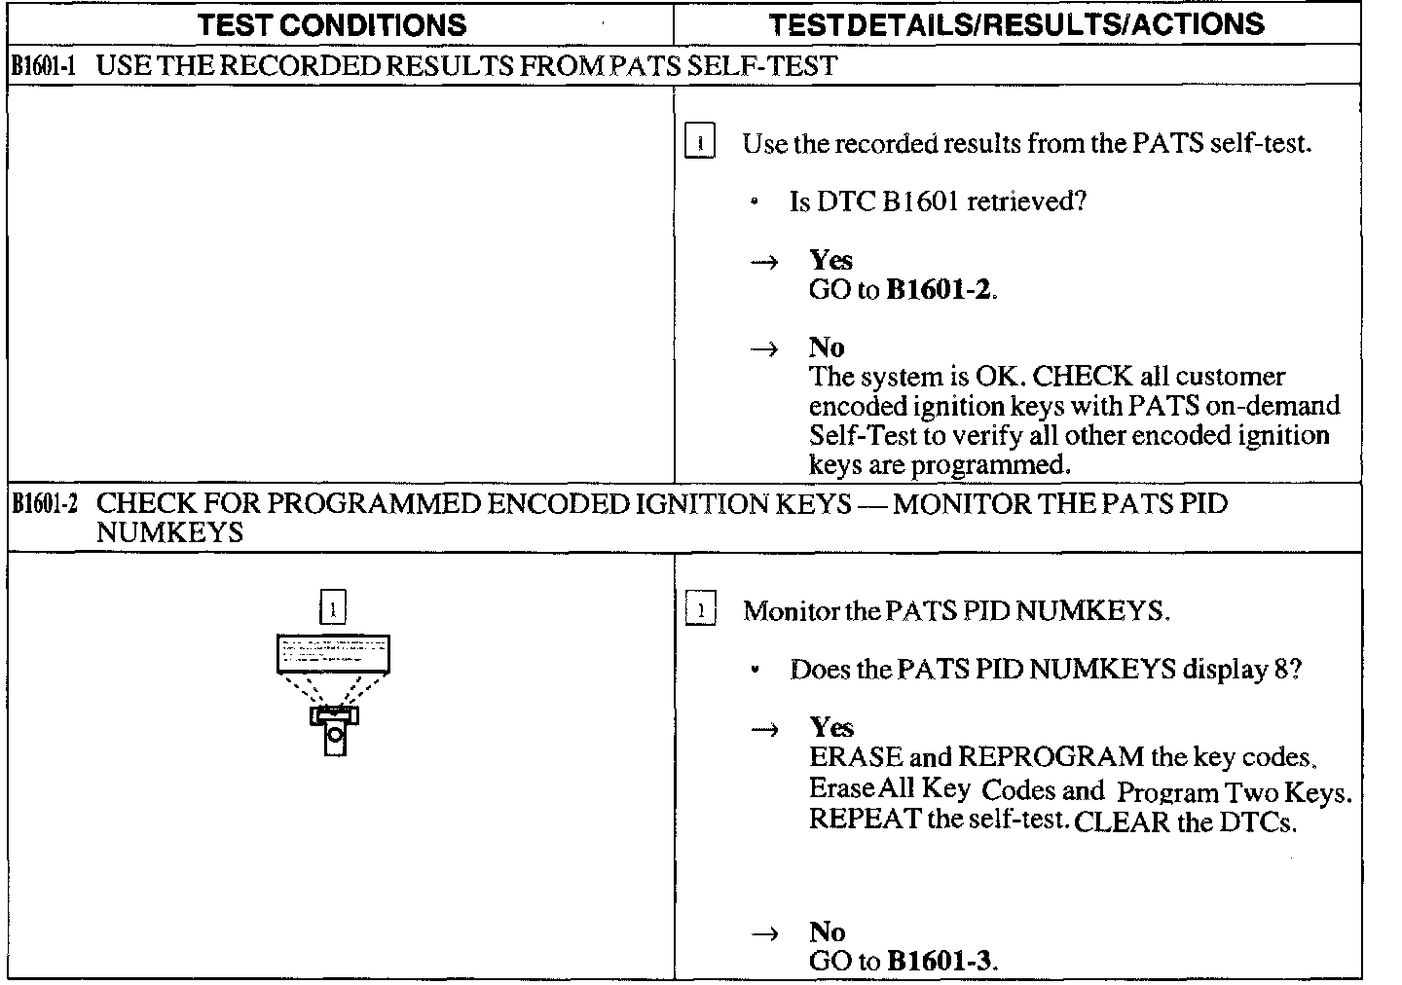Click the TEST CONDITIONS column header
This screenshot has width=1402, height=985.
(332, 24)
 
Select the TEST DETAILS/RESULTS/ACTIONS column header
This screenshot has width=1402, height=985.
(1016, 24)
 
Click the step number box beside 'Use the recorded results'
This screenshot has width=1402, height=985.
(700, 142)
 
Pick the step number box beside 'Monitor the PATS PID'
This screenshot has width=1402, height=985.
(700, 610)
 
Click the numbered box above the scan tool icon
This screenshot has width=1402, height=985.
(333, 608)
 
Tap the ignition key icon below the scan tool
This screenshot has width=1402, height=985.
(335, 731)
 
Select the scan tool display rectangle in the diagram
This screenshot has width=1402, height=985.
(333, 653)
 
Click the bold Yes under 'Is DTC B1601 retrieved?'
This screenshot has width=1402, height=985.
(830, 260)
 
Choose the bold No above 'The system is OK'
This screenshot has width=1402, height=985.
(827, 347)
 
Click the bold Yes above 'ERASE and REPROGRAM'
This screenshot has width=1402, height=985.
(830, 727)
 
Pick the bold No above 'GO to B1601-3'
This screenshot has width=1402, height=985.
(827, 931)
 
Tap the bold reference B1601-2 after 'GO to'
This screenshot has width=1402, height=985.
(940, 290)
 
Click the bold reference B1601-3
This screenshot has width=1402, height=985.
(941, 962)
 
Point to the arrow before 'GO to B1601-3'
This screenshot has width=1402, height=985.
(767, 933)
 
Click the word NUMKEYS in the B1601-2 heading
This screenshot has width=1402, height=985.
(169, 533)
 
